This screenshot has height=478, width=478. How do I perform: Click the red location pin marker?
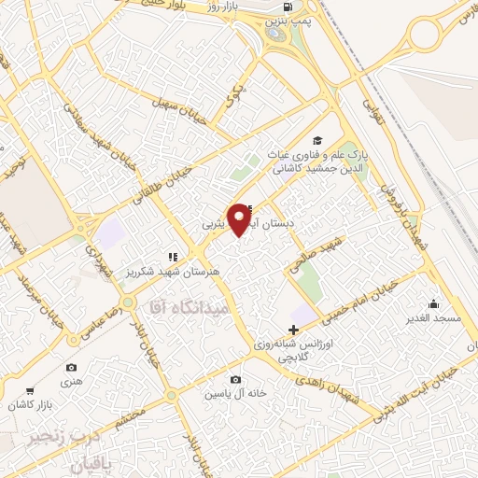tap(241, 218)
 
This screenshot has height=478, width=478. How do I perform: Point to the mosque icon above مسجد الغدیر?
tap(433, 303)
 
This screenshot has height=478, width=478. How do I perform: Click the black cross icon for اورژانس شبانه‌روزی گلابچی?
tap(294, 330)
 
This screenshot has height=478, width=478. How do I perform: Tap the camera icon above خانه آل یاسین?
tap(235, 379)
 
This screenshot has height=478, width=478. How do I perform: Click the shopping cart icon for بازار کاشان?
tap(31, 391)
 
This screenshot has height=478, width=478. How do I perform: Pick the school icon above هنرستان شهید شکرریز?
tap(172, 255)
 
